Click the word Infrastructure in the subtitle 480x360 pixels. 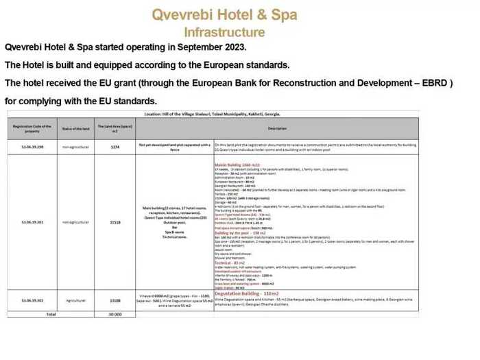tap(224, 32)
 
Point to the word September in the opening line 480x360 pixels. tap(188, 48)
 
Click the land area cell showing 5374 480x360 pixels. tap(115, 147)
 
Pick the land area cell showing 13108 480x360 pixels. tap(115, 300)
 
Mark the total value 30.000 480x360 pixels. tap(115, 313)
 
